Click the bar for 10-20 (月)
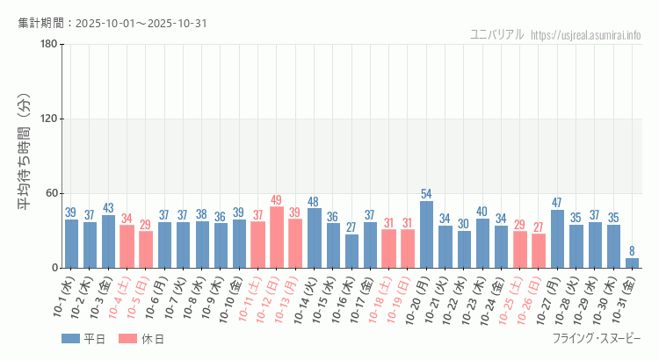[x=426, y=234]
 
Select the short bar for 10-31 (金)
[x=632, y=263]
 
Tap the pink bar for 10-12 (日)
[x=277, y=237]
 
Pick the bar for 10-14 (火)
[x=315, y=238]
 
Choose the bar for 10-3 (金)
[x=108, y=241]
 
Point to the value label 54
[x=426, y=194]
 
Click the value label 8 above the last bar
[x=632, y=251]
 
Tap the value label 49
[x=277, y=200]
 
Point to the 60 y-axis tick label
[x=51, y=193]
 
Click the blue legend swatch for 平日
[x=70, y=339]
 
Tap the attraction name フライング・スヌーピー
[x=597, y=339]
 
